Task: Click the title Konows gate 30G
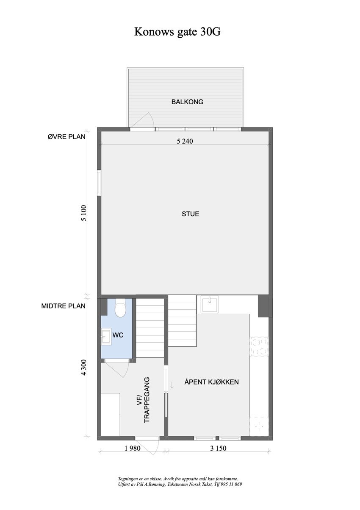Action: (x=177, y=32)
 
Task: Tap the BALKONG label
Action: (x=187, y=102)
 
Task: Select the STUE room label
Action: (x=190, y=214)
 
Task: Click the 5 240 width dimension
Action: (x=185, y=142)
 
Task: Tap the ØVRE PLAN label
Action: (x=66, y=137)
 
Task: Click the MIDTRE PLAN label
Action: (x=64, y=306)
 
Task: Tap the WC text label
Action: (x=118, y=335)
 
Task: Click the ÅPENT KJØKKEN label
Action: (x=211, y=382)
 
